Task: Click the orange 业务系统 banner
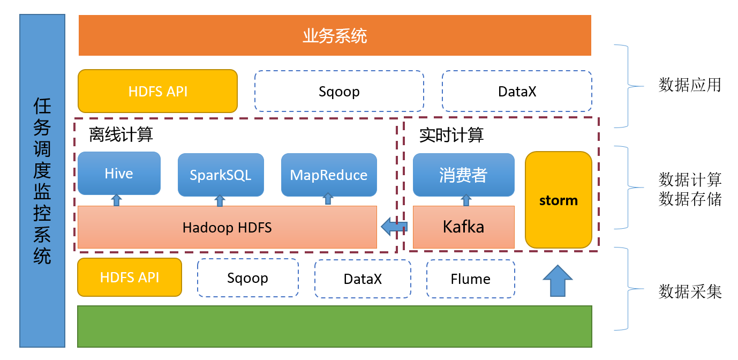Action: click(335, 35)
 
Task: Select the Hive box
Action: click(119, 174)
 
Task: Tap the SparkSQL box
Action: click(221, 175)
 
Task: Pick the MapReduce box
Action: click(329, 175)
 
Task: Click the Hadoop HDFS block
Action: click(227, 227)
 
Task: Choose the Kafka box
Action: click(464, 227)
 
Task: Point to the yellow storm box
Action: click(559, 200)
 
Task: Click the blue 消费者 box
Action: click(464, 175)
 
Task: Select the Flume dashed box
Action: click(470, 279)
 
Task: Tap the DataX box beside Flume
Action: click(363, 279)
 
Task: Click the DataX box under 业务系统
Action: click(517, 91)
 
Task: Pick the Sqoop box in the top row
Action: click(339, 91)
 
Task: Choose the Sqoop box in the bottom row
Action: click(248, 278)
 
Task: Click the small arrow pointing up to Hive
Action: click(116, 200)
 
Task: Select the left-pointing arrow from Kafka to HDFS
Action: click(394, 227)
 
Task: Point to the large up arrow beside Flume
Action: click(558, 281)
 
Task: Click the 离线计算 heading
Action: click(121, 134)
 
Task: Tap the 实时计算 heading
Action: click(451, 135)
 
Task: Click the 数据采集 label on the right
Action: click(690, 292)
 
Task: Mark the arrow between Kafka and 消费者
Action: click(466, 200)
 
